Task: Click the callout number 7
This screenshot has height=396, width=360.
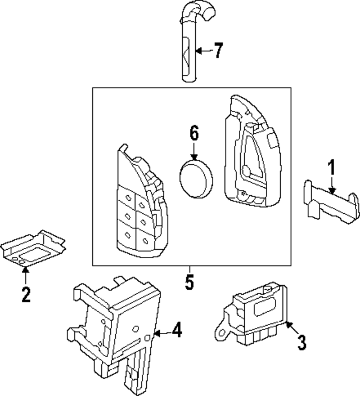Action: tap(218, 51)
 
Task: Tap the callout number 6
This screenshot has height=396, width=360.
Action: tap(194, 134)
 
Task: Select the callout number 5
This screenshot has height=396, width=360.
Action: tap(190, 282)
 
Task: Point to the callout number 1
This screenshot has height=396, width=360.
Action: tap(332, 168)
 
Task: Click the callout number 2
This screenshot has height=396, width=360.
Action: tap(25, 294)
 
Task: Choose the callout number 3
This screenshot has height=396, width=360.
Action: tap(301, 341)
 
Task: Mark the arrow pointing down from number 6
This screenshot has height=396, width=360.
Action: tap(194, 150)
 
